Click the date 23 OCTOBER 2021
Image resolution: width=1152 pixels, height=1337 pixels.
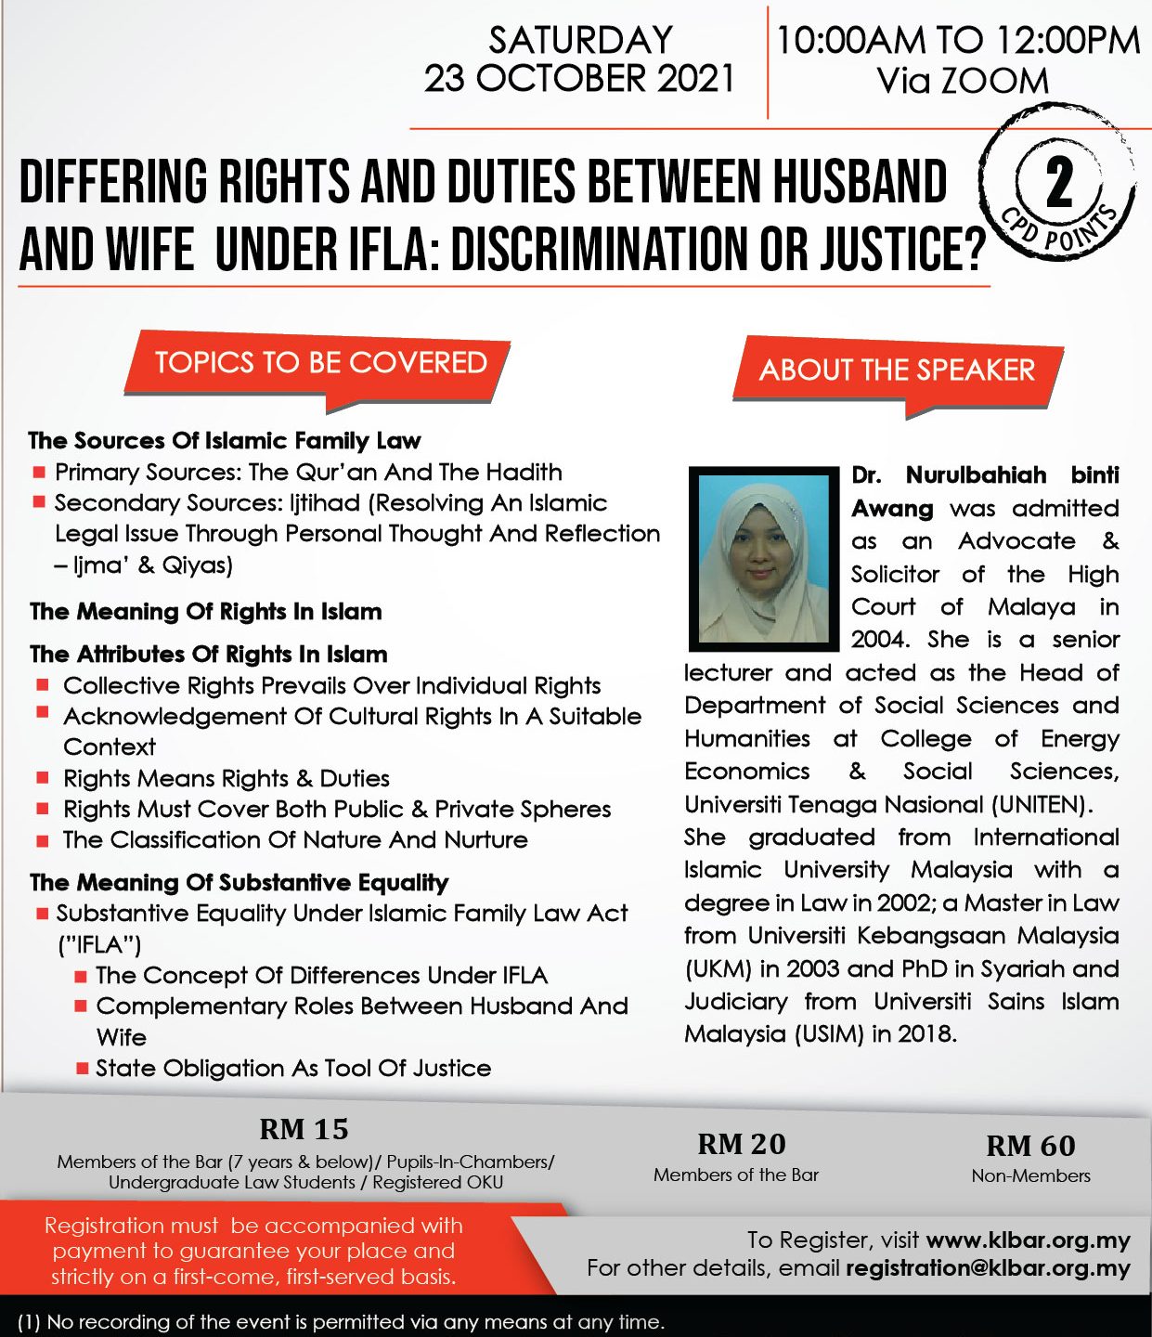(579, 79)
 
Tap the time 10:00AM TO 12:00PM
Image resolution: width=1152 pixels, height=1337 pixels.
(958, 40)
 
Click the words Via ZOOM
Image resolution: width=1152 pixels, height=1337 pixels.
(963, 81)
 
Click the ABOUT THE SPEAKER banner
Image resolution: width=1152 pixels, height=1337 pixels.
(897, 370)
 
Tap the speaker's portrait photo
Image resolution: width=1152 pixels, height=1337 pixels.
(763, 558)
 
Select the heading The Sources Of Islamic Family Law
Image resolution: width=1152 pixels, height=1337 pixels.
(225, 440)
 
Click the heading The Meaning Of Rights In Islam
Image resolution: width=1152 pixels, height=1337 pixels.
(206, 611)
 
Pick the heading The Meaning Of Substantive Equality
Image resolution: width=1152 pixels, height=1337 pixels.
(239, 882)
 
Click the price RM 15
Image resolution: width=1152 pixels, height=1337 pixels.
(304, 1129)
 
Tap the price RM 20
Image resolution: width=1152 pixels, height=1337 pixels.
(741, 1144)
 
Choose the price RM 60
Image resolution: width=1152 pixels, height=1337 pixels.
(1030, 1146)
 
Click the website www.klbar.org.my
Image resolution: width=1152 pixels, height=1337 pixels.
(1028, 1240)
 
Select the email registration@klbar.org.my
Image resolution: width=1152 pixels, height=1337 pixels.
(988, 1268)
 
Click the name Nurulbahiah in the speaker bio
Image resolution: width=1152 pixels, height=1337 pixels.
(976, 475)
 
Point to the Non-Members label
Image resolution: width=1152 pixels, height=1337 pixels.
(1030, 1175)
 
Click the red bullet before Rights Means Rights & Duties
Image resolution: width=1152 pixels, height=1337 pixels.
(43, 778)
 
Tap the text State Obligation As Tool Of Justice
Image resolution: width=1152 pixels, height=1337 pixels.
(293, 1068)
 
